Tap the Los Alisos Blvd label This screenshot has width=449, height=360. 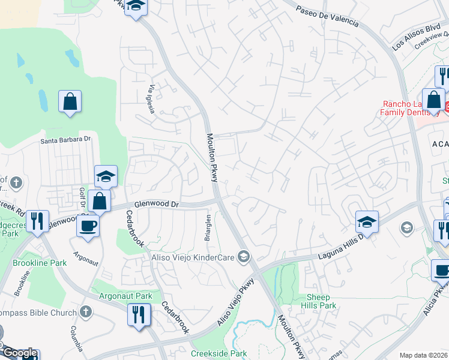tap(416, 37)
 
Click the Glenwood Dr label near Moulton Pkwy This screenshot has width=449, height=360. tap(157, 204)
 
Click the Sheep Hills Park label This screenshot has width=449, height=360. tap(321, 301)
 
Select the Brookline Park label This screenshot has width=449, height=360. tap(40, 263)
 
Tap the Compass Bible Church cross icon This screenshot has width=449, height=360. tap(86, 311)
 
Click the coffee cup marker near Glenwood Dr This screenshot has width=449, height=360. tap(88, 226)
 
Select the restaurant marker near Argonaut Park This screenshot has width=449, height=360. tap(139, 313)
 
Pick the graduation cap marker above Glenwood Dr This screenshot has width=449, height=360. tap(105, 176)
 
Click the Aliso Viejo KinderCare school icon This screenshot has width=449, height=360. tap(243, 257)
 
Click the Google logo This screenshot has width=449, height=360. tap(19, 353)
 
